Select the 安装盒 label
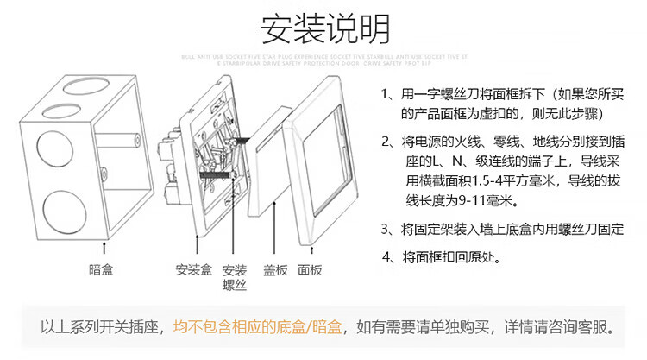(193, 270)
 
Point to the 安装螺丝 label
(235, 277)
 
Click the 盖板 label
(275, 270)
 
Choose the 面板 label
(310, 270)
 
